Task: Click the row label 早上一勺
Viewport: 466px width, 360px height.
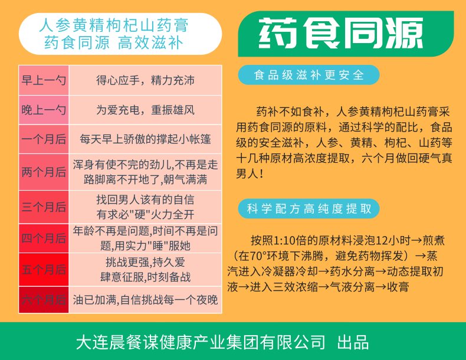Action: pos(44,80)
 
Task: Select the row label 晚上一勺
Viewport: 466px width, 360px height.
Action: pos(44,110)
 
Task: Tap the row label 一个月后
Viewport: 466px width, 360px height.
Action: pos(44,139)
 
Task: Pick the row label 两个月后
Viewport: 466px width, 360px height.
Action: pos(44,172)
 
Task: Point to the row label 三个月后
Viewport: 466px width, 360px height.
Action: pos(44,207)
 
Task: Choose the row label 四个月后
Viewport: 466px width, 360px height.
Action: pos(44,238)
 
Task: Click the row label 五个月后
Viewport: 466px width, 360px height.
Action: pos(44,270)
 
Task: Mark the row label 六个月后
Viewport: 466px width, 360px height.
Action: pos(44,300)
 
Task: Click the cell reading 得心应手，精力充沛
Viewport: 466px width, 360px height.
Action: pos(145,80)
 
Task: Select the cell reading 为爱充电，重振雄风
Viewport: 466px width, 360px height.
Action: pos(145,110)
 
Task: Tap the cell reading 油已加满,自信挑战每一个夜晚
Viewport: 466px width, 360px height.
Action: pos(145,300)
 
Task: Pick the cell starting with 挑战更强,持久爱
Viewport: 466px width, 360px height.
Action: pos(145,270)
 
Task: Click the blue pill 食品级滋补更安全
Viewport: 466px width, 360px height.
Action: pos(309,75)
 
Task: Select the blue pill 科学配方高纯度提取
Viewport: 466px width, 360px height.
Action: pos(309,209)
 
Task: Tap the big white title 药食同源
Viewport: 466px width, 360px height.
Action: pos(341,33)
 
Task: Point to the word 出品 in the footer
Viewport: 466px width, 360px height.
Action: pos(353,342)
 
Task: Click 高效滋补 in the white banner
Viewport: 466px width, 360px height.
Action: pos(150,42)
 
